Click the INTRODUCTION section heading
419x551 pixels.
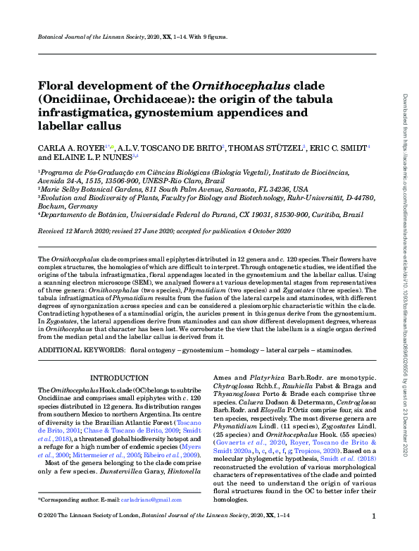pyautogui.click(x=117, y=378)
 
